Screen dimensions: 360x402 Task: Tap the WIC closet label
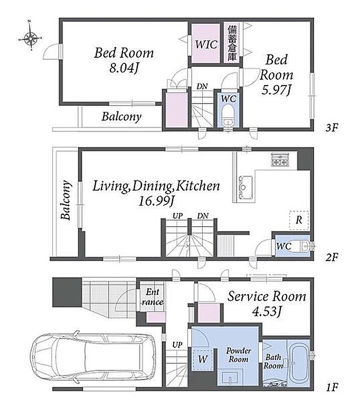(206, 44)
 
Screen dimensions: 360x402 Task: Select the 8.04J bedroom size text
(124, 68)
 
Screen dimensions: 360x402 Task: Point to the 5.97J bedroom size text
(277, 90)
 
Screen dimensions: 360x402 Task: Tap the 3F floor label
(332, 128)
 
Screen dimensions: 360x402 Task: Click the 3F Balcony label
(122, 117)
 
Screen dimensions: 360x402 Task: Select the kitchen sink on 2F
(244, 187)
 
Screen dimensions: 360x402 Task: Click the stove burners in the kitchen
(280, 159)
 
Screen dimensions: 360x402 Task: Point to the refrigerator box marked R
(299, 220)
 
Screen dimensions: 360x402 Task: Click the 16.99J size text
(156, 200)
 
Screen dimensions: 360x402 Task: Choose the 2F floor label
(332, 257)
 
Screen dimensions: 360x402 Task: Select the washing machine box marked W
(203, 359)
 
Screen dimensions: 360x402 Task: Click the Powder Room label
(238, 355)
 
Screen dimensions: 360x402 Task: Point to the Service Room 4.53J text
(267, 304)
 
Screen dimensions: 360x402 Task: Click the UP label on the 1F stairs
(177, 345)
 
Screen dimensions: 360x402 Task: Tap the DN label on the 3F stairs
(202, 86)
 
